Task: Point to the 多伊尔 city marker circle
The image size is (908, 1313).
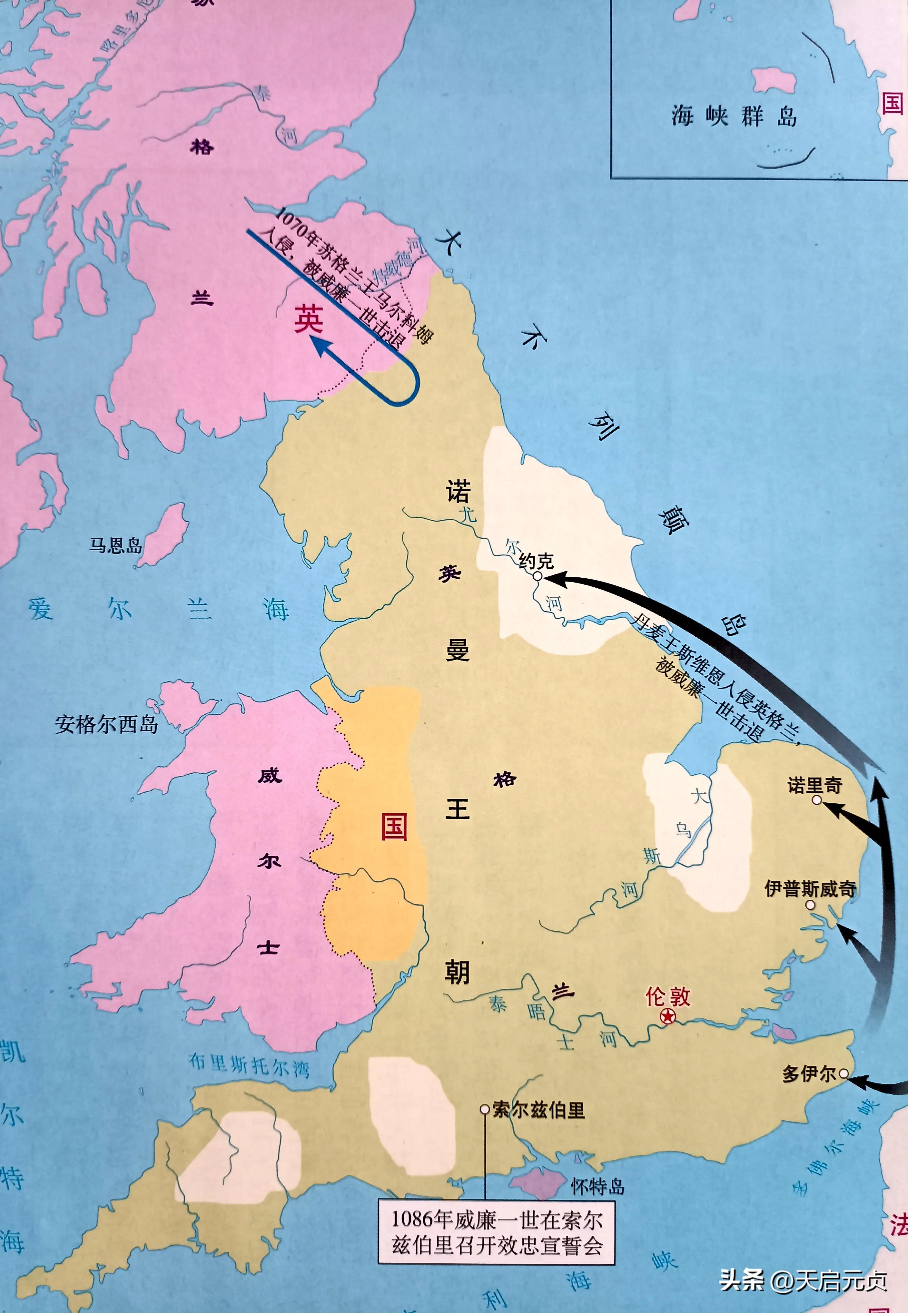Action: pyautogui.click(x=844, y=1073)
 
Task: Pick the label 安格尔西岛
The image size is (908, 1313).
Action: pyautogui.click(x=106, y=724)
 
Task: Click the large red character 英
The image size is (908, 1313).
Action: pyautogui.click(x=308, y=319)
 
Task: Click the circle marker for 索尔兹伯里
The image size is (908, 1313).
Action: pyautogui.click(x=485, y=1109)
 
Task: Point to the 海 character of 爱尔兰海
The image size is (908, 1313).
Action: pyautogui.click(x=277, y=610)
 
